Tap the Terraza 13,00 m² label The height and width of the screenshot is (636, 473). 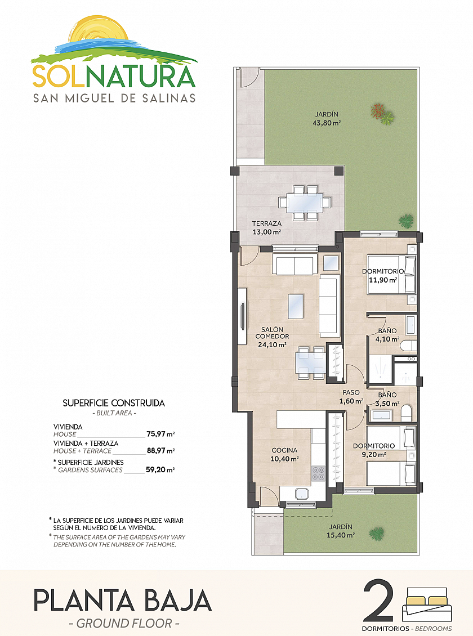point(266,227)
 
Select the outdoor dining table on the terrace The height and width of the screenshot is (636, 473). point(304,203)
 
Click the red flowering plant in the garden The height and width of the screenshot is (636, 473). point(378,111)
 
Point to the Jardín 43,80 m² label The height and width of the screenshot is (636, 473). point(327,118)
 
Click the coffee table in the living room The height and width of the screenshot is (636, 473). point(296,306)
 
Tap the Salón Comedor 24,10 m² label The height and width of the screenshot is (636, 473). point(272,337)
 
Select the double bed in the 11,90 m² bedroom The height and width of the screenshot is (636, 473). point(391,274)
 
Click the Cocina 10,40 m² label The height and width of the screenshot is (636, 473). point(284,454)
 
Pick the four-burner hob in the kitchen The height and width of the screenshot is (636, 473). point(318,473)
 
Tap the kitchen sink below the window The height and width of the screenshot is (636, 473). point(301,494)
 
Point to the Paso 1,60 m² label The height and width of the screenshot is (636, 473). point(351,397)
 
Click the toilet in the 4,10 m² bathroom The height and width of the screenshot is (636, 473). point(408,346)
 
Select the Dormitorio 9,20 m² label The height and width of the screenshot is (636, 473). point(373,450)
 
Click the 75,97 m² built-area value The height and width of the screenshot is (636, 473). point(160,434)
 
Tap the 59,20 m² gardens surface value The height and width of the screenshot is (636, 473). point(160,470)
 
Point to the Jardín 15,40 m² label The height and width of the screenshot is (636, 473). point(341,531)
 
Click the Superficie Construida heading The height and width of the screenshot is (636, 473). point(114,403)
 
